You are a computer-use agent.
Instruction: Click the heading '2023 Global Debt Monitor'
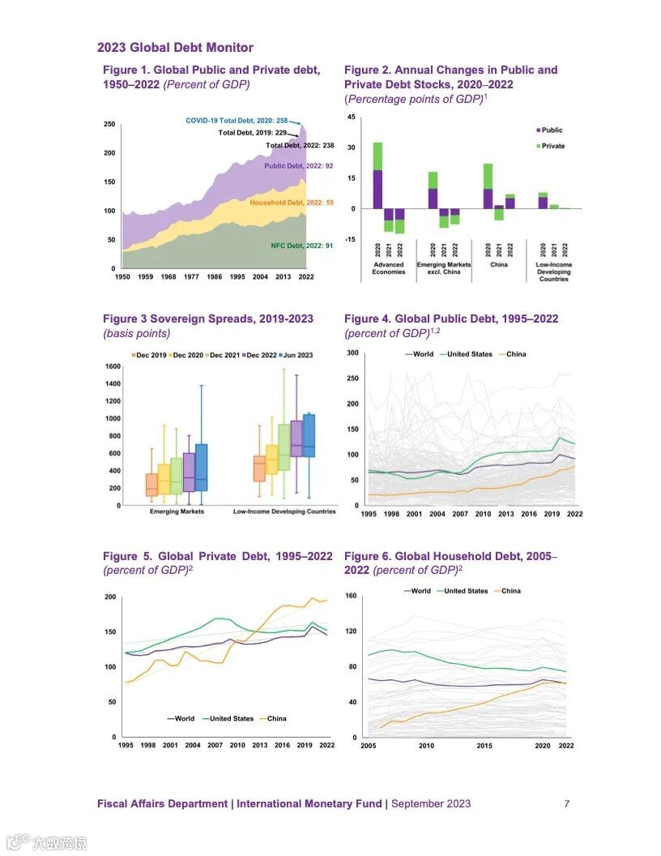coord(175,48)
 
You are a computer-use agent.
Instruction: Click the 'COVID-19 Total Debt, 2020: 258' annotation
coord(237,120)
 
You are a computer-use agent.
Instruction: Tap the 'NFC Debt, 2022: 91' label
coord(301,245)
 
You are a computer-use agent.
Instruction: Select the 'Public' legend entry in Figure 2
coord(552,130)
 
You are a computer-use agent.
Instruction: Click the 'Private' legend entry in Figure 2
coord(552,146)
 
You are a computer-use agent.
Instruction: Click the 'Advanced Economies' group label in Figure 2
coord(389,268)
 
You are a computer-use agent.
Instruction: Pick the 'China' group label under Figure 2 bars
coord(499,265)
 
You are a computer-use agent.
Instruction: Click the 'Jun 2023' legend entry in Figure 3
coord(297,355)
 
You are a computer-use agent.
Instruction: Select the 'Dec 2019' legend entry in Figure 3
coord(150,355)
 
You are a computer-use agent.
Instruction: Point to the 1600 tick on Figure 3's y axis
coord(112,366)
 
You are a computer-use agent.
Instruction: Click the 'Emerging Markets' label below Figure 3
coord(177,511)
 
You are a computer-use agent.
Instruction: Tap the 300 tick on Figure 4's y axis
coord(352,353)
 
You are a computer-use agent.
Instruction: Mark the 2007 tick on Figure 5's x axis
coord(215,744)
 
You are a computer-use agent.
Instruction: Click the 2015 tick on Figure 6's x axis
coord(484,745)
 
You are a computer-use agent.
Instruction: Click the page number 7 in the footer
coord(567,804)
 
